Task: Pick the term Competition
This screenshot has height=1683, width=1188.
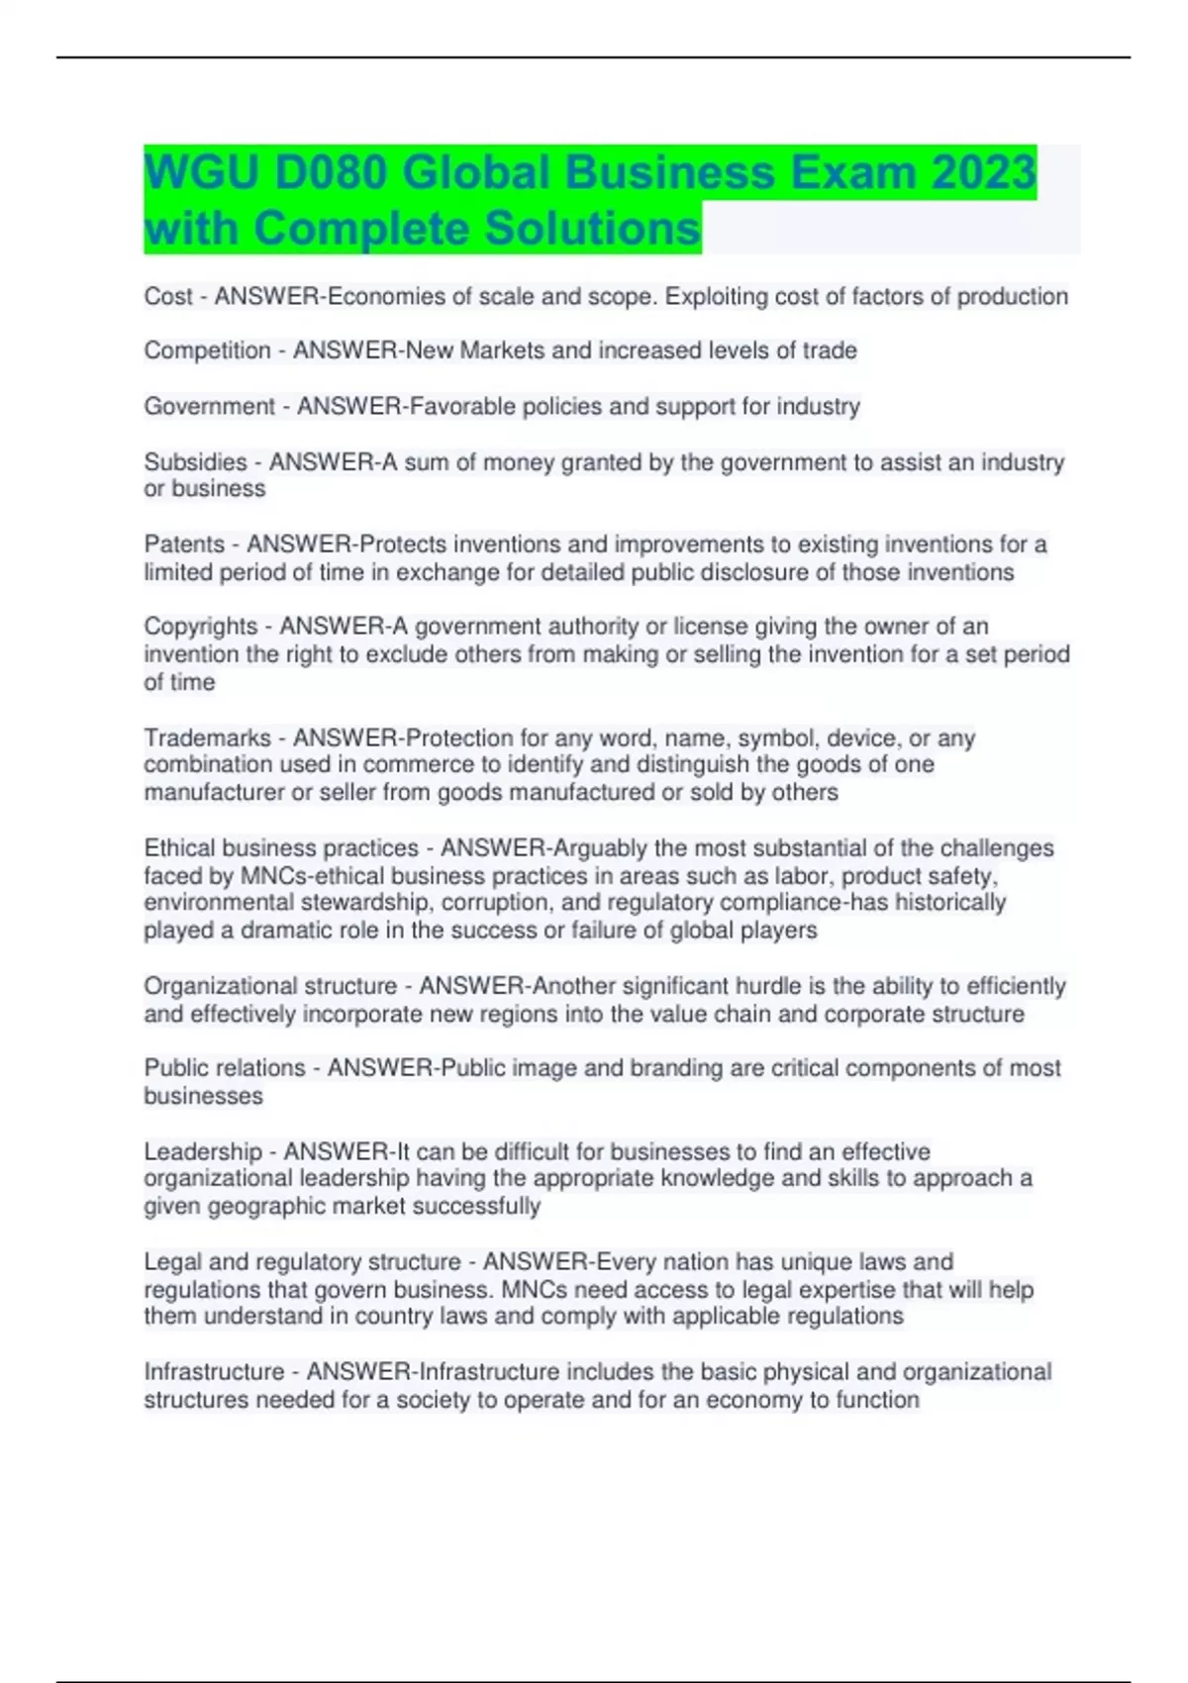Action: [207, 350]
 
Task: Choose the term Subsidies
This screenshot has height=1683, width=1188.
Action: [195, 462]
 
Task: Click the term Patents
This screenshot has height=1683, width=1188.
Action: [184, 544]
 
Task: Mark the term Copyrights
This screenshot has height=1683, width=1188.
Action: [201, 627]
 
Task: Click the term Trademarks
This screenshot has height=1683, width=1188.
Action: [207, 739]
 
